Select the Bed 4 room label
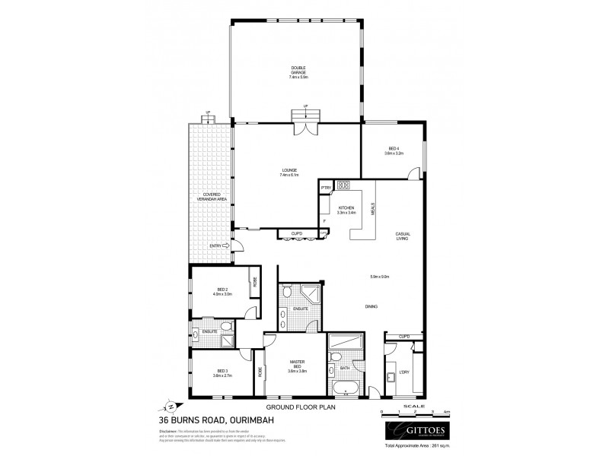point(394,150)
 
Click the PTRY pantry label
point(324,186)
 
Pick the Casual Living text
point(403,236)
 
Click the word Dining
point(372,306)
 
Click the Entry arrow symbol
point(225,245)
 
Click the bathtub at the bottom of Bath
point(349,391)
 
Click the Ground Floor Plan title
point(304,407)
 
